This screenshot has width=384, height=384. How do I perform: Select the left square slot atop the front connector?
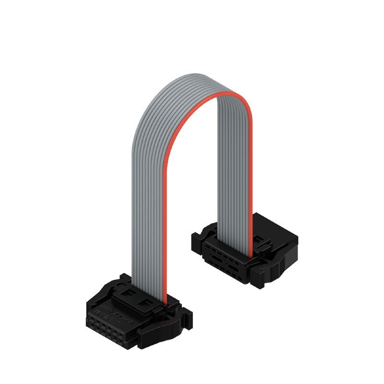click(126, 291)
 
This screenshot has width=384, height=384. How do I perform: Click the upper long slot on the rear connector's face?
click(216, 252)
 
